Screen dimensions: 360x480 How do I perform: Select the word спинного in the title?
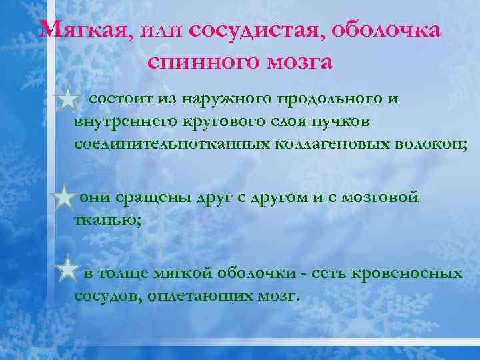point(197,62)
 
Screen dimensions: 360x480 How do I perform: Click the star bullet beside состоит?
point(68,101)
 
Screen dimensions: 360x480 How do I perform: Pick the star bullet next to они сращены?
point(63,199)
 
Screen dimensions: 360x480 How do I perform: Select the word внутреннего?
point(127,122)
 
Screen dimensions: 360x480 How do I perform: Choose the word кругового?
point(225,122)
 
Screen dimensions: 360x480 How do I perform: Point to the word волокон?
point(421,145)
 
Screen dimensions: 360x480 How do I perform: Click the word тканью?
point(106,221)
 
